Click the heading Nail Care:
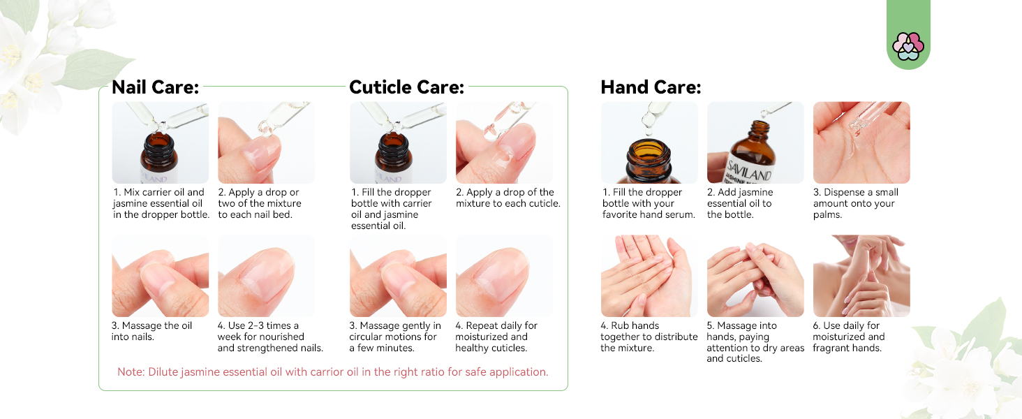(x=155, y=87)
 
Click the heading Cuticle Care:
(x=406, y=87)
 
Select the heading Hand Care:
(x=650, y=87)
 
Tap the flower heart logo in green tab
(x=908, y=46)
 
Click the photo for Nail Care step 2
(x=266, y=142)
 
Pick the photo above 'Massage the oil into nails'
(x=160, y=276)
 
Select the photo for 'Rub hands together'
(x=649, y=276)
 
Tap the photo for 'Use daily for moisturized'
(x=861, y=276)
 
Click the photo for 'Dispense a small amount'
(x=861, y=142)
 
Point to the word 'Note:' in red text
(x=131, y=372)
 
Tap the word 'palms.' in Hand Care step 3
(x=828, y=215)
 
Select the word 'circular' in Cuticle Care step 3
(x=367, y=337)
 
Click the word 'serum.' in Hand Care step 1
(x=681, y=215)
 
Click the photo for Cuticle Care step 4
(x=503, y=276)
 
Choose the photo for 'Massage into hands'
(x=755, y=276)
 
